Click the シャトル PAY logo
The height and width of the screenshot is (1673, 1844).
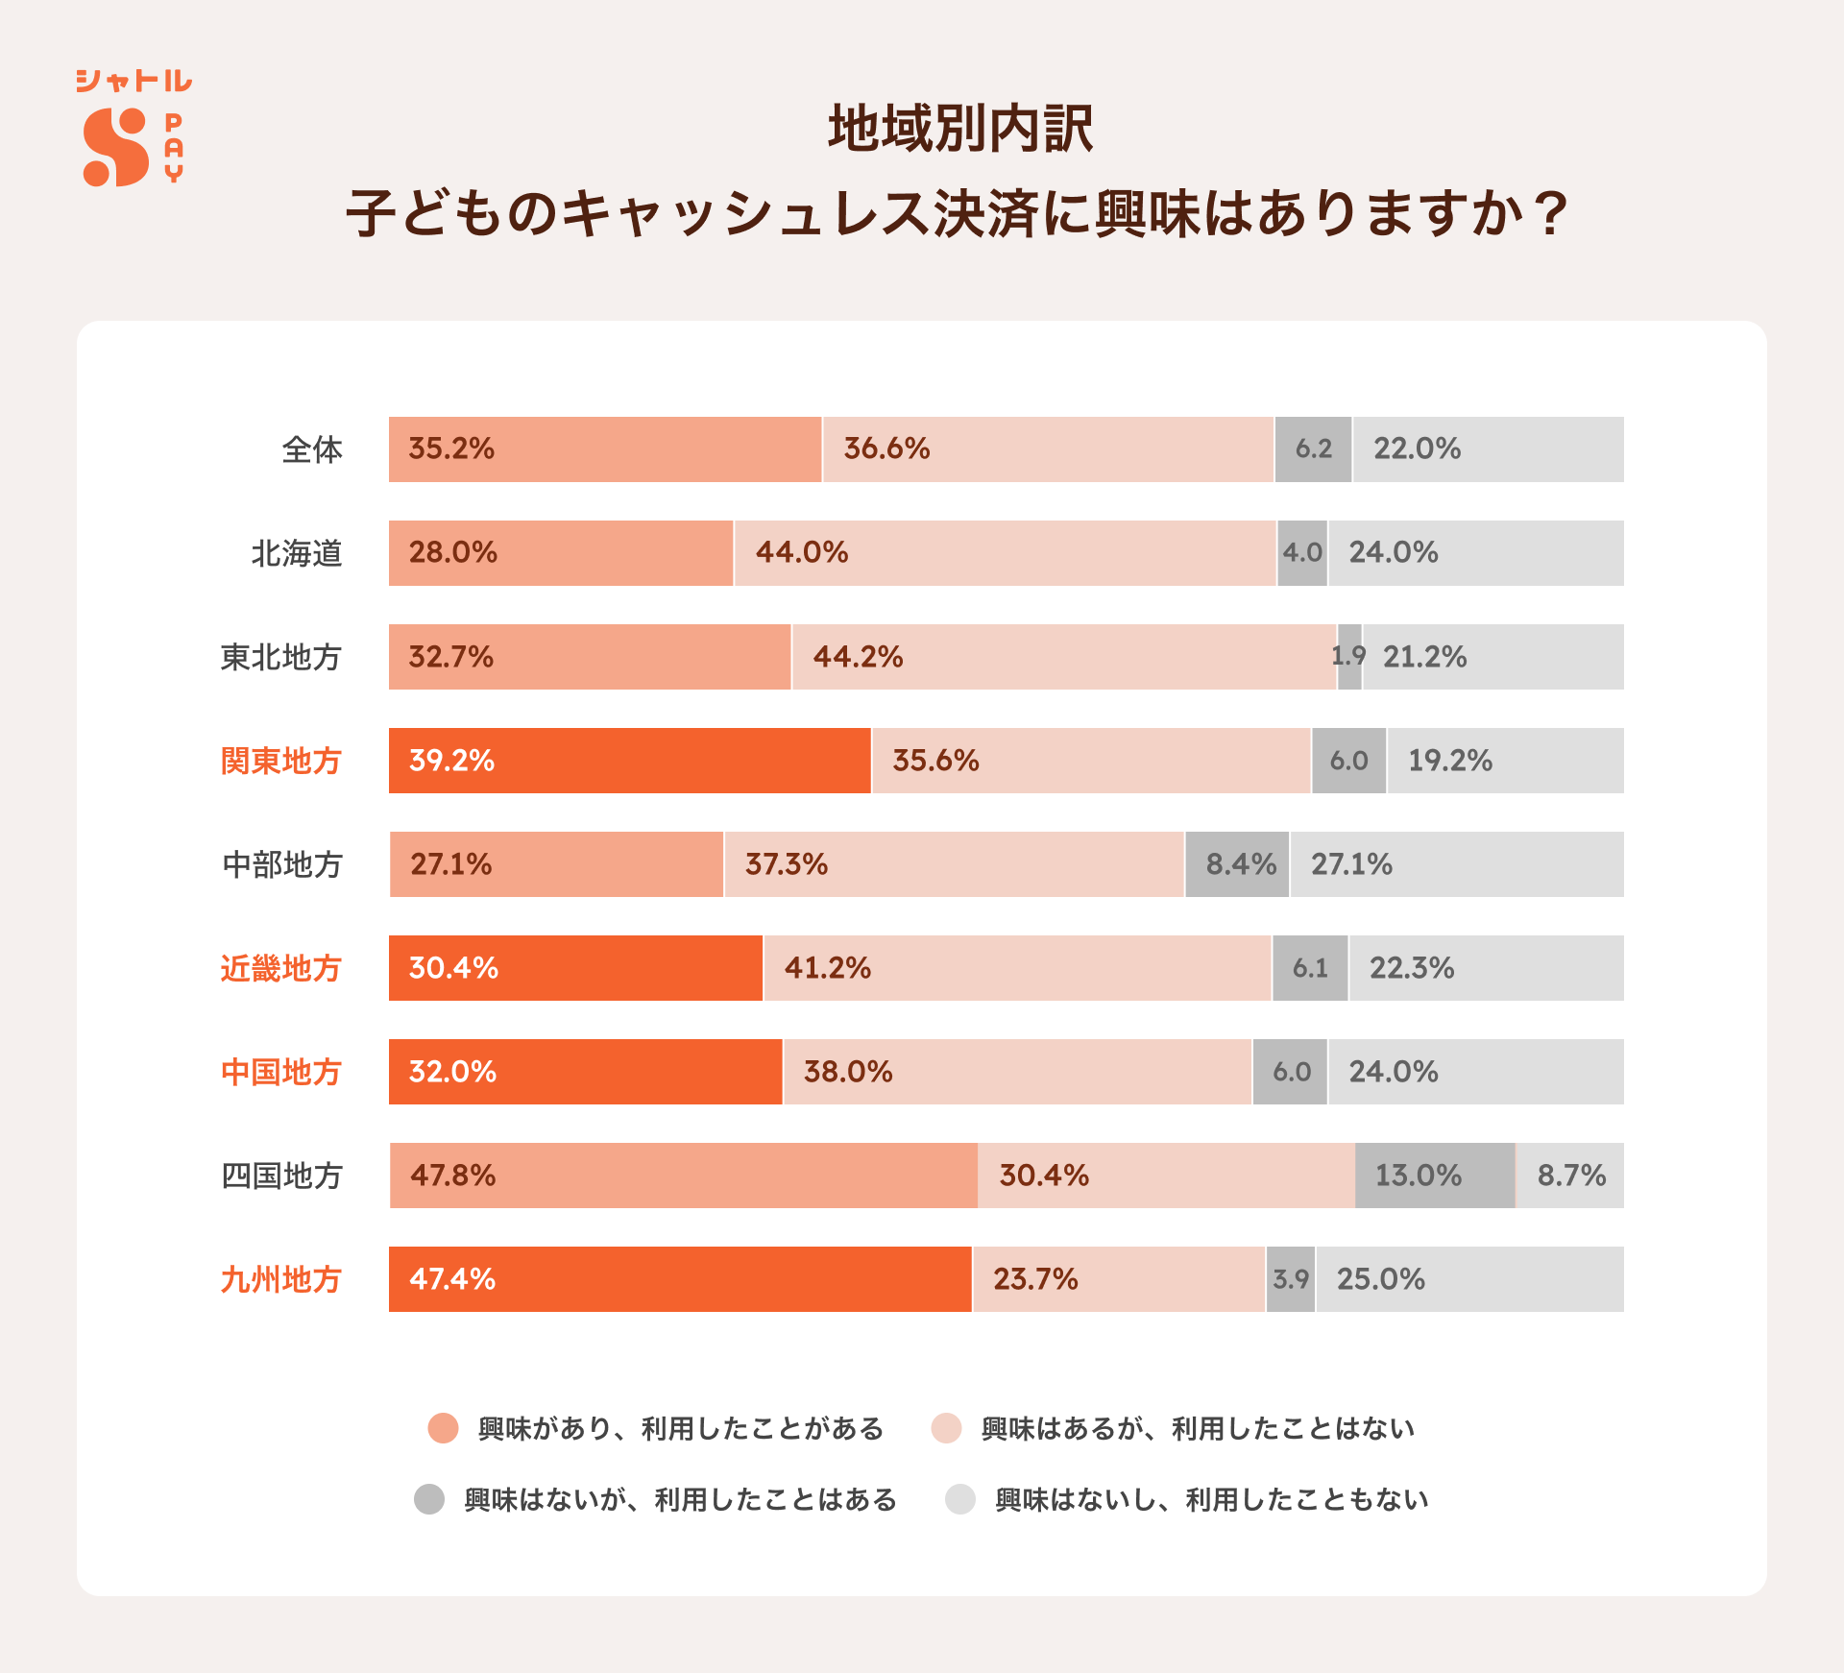133,128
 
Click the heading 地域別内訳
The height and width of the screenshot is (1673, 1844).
959,130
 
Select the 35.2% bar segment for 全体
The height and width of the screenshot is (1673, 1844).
605,449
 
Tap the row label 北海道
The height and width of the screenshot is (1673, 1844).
297,553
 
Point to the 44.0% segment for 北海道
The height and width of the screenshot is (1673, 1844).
1005,553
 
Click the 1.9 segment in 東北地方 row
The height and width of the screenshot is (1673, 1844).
1349,657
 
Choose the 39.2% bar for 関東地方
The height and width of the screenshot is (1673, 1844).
629,761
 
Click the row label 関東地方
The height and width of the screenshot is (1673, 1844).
280,761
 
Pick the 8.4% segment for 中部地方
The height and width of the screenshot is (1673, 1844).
1237,864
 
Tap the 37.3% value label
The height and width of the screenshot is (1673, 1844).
786,864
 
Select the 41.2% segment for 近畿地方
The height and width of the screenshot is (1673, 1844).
1017,968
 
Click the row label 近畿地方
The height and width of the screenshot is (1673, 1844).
280,968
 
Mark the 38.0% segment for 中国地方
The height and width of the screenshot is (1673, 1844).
1017,1072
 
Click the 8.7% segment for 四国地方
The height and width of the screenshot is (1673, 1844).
1570,1176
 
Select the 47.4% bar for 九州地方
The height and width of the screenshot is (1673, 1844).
680,1279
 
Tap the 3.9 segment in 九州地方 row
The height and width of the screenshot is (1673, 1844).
1291,1279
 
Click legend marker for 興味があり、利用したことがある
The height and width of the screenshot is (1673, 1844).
443,1428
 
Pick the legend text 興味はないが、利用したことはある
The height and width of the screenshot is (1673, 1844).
680,1499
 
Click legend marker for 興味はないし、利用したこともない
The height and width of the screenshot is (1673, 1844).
960,1499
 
